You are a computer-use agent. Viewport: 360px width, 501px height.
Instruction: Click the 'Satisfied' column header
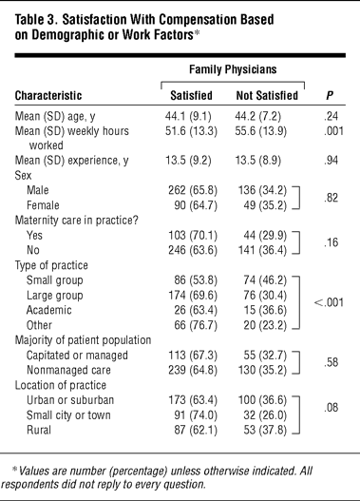tap(191, 95)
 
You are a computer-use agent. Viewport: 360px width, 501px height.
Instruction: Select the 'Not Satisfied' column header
tap(267, 95)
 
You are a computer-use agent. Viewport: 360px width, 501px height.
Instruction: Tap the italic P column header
tap(330, 95)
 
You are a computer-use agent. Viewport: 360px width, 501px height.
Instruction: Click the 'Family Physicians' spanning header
tap(233, 69)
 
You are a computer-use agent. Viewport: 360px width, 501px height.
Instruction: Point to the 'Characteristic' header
tap(48, 95)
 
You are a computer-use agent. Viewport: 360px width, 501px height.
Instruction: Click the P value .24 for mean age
tap(331, 116)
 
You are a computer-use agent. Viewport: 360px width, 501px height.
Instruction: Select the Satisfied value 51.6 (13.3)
tap(191, 131)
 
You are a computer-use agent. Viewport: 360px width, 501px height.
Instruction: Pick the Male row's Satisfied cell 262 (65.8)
tap(193, 190)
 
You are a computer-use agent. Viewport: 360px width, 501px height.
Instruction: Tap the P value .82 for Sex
tap(331, 198)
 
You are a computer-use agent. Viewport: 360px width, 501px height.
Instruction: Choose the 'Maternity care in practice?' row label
tap(77, 221)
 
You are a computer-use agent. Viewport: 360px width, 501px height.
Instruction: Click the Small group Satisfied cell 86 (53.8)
tap(196, 280)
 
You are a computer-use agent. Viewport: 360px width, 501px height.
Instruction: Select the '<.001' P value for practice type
tap(329, 302)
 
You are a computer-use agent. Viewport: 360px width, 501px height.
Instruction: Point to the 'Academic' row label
tap(49, 310)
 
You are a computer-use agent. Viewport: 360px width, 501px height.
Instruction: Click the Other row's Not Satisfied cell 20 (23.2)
tap(265, 325)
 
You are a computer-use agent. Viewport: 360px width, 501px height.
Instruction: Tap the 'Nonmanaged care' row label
tap(68, 370)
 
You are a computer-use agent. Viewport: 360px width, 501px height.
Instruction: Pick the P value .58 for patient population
tap(331, 362)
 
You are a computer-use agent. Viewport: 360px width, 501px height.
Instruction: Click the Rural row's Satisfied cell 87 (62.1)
tap(196, 430)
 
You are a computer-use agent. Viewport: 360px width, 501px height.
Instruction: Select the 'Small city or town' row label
tap(68, 415)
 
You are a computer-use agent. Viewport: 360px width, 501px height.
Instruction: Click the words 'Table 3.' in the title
tap(36, 20)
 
